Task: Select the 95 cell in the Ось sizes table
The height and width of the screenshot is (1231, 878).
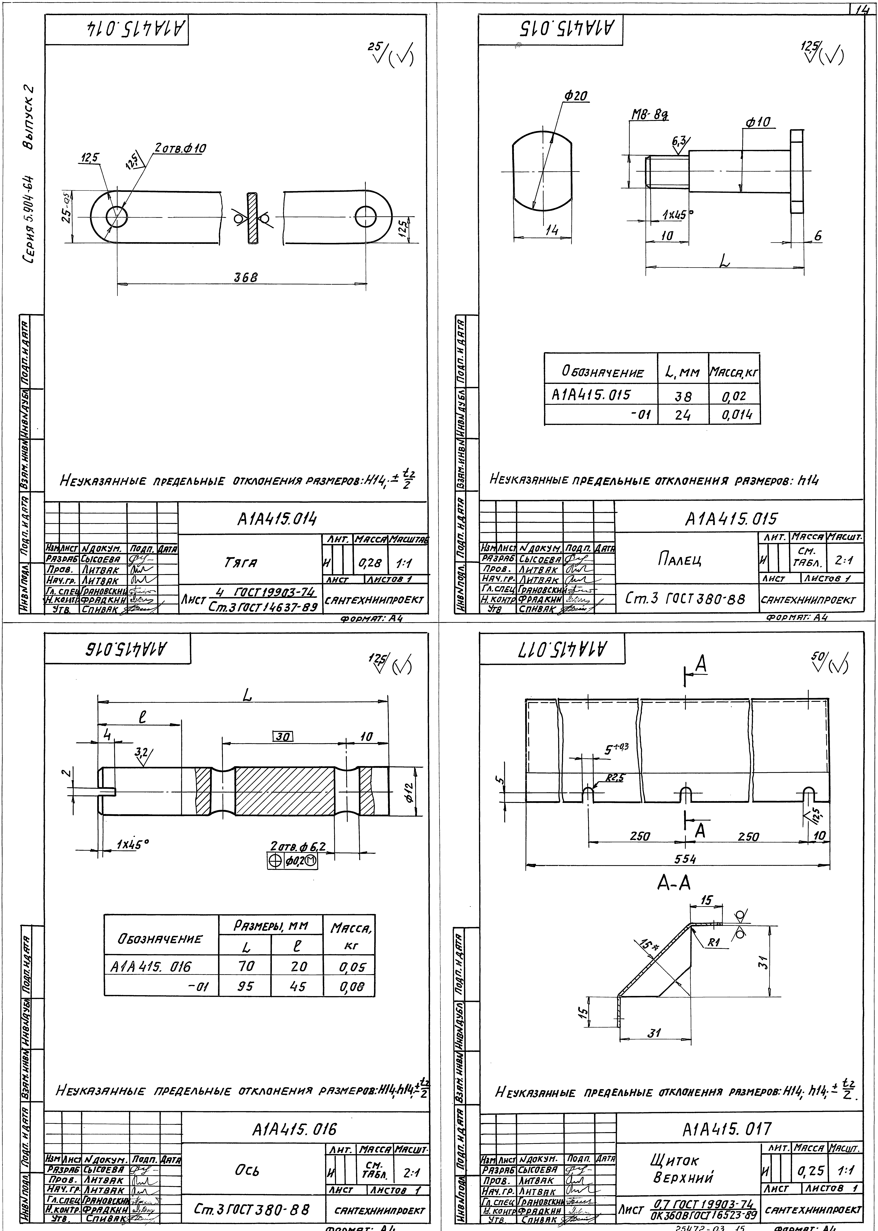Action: point(245,986)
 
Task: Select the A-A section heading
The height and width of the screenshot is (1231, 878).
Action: point(674,883)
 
